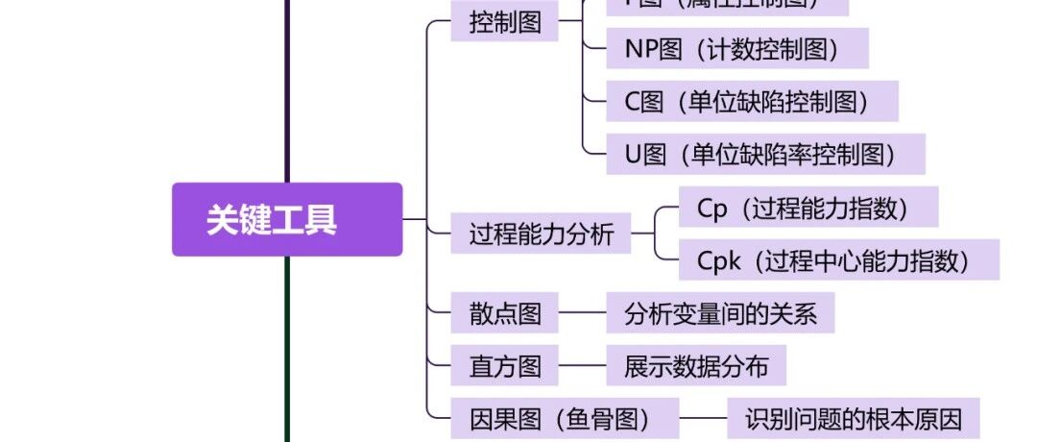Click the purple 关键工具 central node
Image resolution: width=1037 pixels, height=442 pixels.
click(286, 220)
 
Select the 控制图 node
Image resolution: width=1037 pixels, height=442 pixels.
click(505, 23)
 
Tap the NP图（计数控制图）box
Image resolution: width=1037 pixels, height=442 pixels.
click(736, 49)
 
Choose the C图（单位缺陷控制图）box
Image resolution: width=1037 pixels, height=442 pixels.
click(751, 101)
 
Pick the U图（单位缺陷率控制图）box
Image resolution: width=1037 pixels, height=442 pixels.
click(764, 154)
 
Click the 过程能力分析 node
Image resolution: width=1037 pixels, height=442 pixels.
click(541, 233)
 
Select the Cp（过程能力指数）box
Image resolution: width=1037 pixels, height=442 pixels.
click(808, 208)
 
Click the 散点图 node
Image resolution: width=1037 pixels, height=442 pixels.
click(505, 313)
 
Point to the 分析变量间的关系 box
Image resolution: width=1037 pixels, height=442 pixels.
click(720, 313)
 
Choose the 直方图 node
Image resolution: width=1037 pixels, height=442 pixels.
click(505, 366)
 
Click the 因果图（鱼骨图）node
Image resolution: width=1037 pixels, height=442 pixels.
click(565, 419)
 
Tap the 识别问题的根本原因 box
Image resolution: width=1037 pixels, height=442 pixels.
click(853, 419)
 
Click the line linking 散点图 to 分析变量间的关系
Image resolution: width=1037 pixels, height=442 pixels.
click(583, 313)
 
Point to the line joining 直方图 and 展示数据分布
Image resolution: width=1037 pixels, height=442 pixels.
click(583, 366)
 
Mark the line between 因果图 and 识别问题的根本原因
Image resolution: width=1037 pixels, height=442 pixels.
click(703, 419)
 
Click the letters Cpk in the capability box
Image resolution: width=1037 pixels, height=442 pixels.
click(719, 260)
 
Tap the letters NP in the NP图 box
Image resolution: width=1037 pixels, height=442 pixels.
click(641, 49)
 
